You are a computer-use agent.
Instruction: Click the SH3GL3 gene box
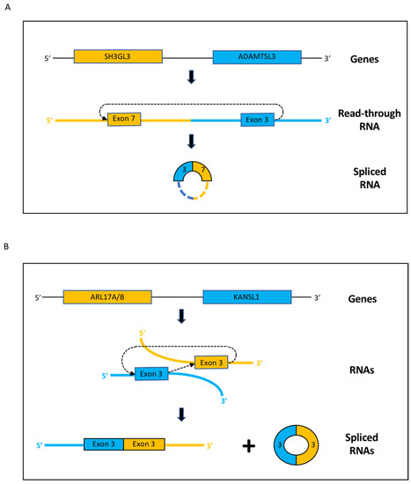[118, 56]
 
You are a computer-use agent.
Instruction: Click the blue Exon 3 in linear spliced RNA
[103, 444]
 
